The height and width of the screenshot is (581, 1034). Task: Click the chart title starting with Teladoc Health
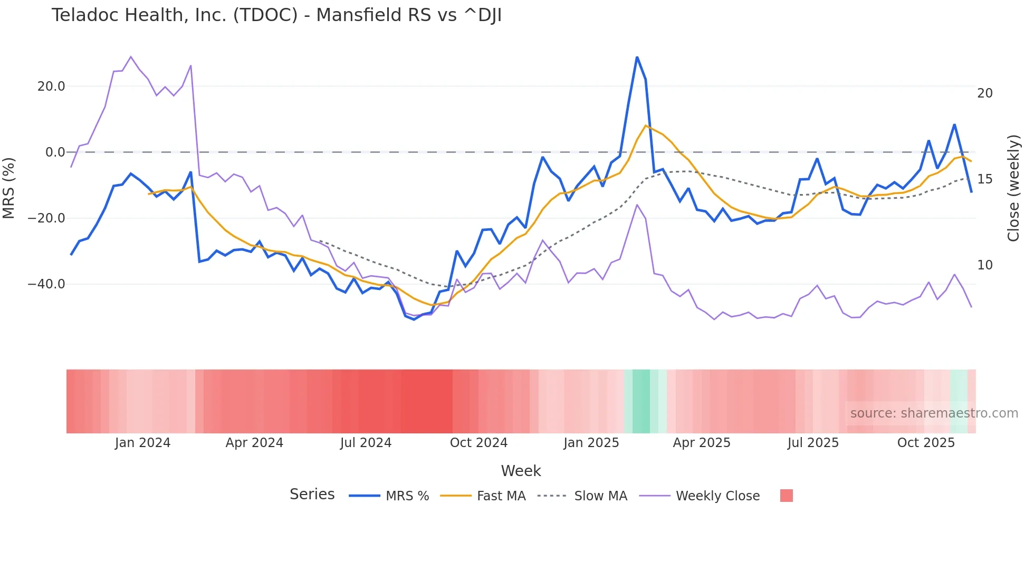[276, 15]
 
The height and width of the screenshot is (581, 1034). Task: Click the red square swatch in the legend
[786, 496]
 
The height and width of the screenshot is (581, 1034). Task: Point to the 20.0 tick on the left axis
[51, 86]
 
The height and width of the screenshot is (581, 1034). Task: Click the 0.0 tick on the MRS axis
[55, 152]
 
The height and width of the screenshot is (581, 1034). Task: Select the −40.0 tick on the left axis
[46, 284]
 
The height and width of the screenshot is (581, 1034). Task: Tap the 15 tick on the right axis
[984, 179]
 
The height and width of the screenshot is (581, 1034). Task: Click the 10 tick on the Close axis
[984, 265]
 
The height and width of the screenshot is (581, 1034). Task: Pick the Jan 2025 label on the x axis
[591, 443]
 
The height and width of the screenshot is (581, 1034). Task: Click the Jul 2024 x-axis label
[366, 443]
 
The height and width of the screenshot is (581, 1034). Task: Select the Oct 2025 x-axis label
[926, 443]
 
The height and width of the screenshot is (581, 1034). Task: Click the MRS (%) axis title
[9, 188]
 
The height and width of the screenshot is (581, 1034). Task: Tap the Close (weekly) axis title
[1013, 188]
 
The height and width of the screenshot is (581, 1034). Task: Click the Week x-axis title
[521, 471]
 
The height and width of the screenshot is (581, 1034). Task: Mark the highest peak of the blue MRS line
[637, 57]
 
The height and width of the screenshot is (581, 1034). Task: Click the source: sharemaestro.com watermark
[934, 413]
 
